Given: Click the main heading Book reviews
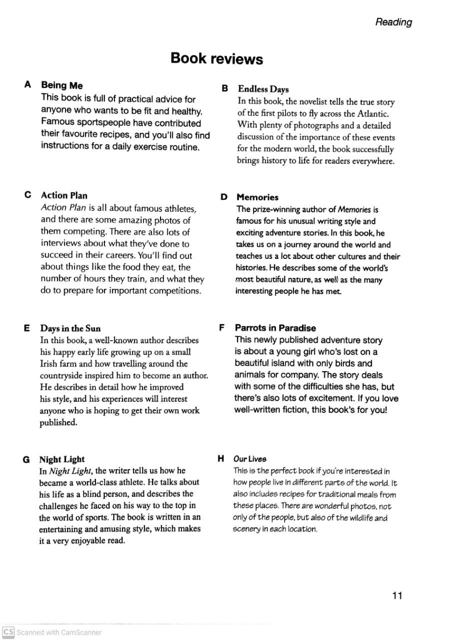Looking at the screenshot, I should (216, 59).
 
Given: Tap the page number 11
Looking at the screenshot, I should (397, 595).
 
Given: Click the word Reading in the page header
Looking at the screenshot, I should (393, 22).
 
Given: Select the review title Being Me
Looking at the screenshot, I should (62, 86).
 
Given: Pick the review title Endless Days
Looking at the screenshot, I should (263, 89).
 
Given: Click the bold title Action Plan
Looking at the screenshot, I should (64, 195).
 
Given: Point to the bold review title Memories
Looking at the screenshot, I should (257, 197).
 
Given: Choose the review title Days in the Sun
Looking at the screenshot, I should (70, 329).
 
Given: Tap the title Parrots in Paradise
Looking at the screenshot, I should (275, 328).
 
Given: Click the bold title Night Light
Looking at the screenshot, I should (62, 459).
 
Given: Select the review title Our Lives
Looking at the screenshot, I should (250, 459).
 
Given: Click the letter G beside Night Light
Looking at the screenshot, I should (26, 460).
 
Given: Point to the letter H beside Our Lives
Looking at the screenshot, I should (220, 458).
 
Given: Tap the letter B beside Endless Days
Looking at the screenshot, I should (225, 89).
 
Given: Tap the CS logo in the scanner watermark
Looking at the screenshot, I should (7, 632).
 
